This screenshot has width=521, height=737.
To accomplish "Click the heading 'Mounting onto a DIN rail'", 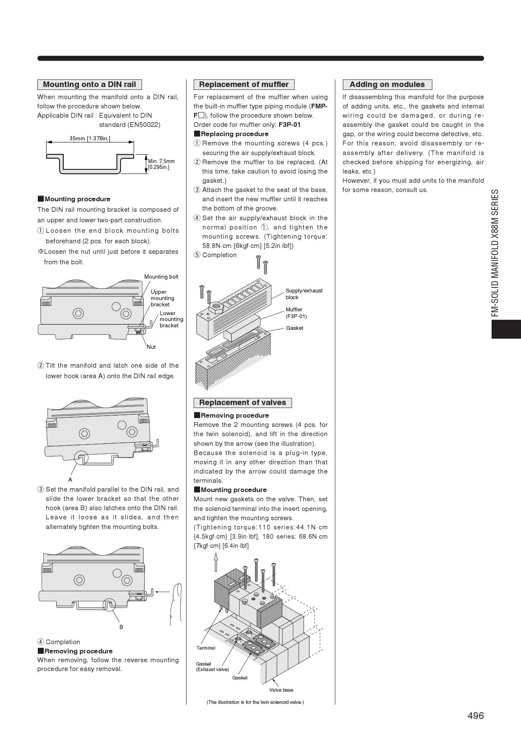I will [89, 84].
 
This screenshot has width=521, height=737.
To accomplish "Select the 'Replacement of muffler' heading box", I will [244, 84].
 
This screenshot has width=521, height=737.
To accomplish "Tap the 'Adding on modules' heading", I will [387, 84].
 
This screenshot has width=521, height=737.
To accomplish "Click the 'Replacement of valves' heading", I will [242, 403].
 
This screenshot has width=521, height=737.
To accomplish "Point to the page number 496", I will [476, 716].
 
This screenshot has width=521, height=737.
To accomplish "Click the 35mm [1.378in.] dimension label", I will [90, 138].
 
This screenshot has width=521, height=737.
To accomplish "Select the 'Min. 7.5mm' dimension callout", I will [161, 161].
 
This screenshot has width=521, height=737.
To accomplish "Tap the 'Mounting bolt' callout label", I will [161, 276].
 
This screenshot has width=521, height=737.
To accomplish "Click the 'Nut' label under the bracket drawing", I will [151, 347].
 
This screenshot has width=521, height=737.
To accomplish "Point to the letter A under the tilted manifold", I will [70, 479].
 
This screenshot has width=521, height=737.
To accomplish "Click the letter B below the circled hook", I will [121, 627].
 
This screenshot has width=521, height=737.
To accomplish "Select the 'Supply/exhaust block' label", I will [304, 294].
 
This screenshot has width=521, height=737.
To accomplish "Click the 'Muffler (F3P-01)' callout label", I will [296, 313].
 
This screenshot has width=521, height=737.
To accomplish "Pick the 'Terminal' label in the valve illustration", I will [206, 648].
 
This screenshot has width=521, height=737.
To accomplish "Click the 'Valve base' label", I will [281, 690].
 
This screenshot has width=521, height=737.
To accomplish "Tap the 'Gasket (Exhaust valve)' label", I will [212, 666].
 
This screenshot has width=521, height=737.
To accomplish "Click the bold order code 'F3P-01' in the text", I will [289, 125].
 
